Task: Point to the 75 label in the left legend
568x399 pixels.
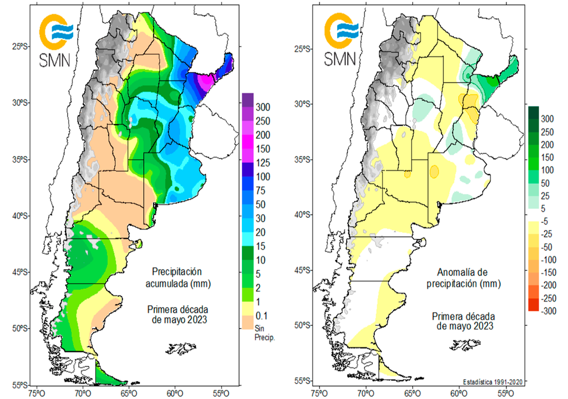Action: point(262,190)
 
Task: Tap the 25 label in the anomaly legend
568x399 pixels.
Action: point(545,196)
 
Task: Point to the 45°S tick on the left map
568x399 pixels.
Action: point(20,272)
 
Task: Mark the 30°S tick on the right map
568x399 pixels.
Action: point(303,104)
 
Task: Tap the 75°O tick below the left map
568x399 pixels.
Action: point(37,392)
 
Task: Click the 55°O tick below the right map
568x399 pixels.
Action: point(505,392)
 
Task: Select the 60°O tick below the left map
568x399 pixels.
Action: point(175,392)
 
